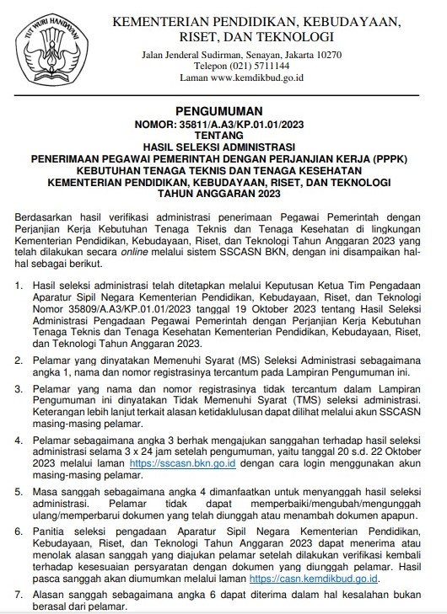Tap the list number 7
(20, 595)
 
